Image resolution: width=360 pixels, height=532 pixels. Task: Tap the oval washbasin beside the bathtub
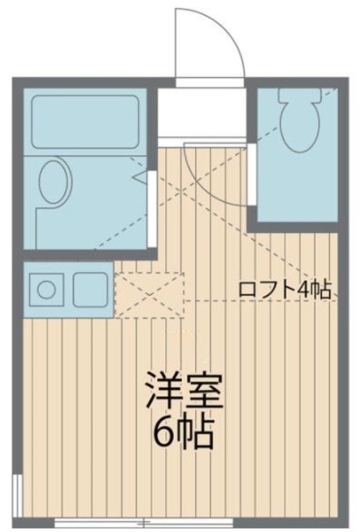pos(53,182)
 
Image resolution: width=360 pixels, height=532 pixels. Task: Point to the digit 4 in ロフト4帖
pos(308,289)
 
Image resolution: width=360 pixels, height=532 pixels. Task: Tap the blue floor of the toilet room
pos(295,187)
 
